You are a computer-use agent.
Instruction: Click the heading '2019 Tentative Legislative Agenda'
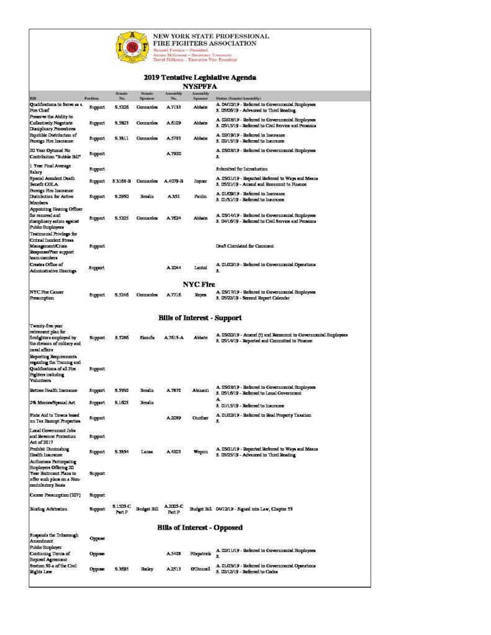200,78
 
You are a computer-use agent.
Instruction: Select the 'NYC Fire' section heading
199,285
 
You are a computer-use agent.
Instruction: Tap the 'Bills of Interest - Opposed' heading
200,527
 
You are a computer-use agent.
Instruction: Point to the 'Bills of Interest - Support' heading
200,318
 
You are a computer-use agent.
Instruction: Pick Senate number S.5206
122,107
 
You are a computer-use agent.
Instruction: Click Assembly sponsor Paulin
200,197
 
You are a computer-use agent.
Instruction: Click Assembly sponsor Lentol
200,269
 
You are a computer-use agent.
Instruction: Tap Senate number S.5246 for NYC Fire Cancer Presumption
122,296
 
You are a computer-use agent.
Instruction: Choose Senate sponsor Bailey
147,569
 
